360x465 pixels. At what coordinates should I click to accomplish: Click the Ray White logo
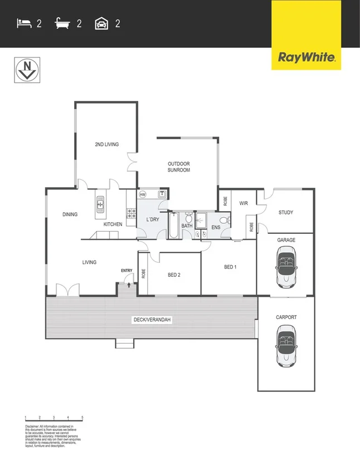(306, 57)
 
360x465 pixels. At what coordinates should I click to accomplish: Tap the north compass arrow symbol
(26, 70)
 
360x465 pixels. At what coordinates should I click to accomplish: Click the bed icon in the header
(23, 23)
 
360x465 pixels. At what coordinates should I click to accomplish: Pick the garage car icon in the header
(101, 23)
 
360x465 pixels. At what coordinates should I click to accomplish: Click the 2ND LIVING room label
(106, 145)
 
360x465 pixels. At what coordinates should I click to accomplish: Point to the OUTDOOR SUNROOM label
(179, 167)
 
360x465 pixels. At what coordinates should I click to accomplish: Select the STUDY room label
(286, 212)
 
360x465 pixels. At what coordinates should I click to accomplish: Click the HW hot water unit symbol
(143, 194)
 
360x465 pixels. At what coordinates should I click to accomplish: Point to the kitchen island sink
(100, 205)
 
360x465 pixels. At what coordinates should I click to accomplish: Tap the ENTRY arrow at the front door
(129, 284)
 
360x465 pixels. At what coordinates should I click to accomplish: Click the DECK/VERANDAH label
(151, 320)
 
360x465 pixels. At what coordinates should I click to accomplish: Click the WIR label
(244, 204)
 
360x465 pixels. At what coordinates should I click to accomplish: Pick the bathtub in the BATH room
(173, 226)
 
